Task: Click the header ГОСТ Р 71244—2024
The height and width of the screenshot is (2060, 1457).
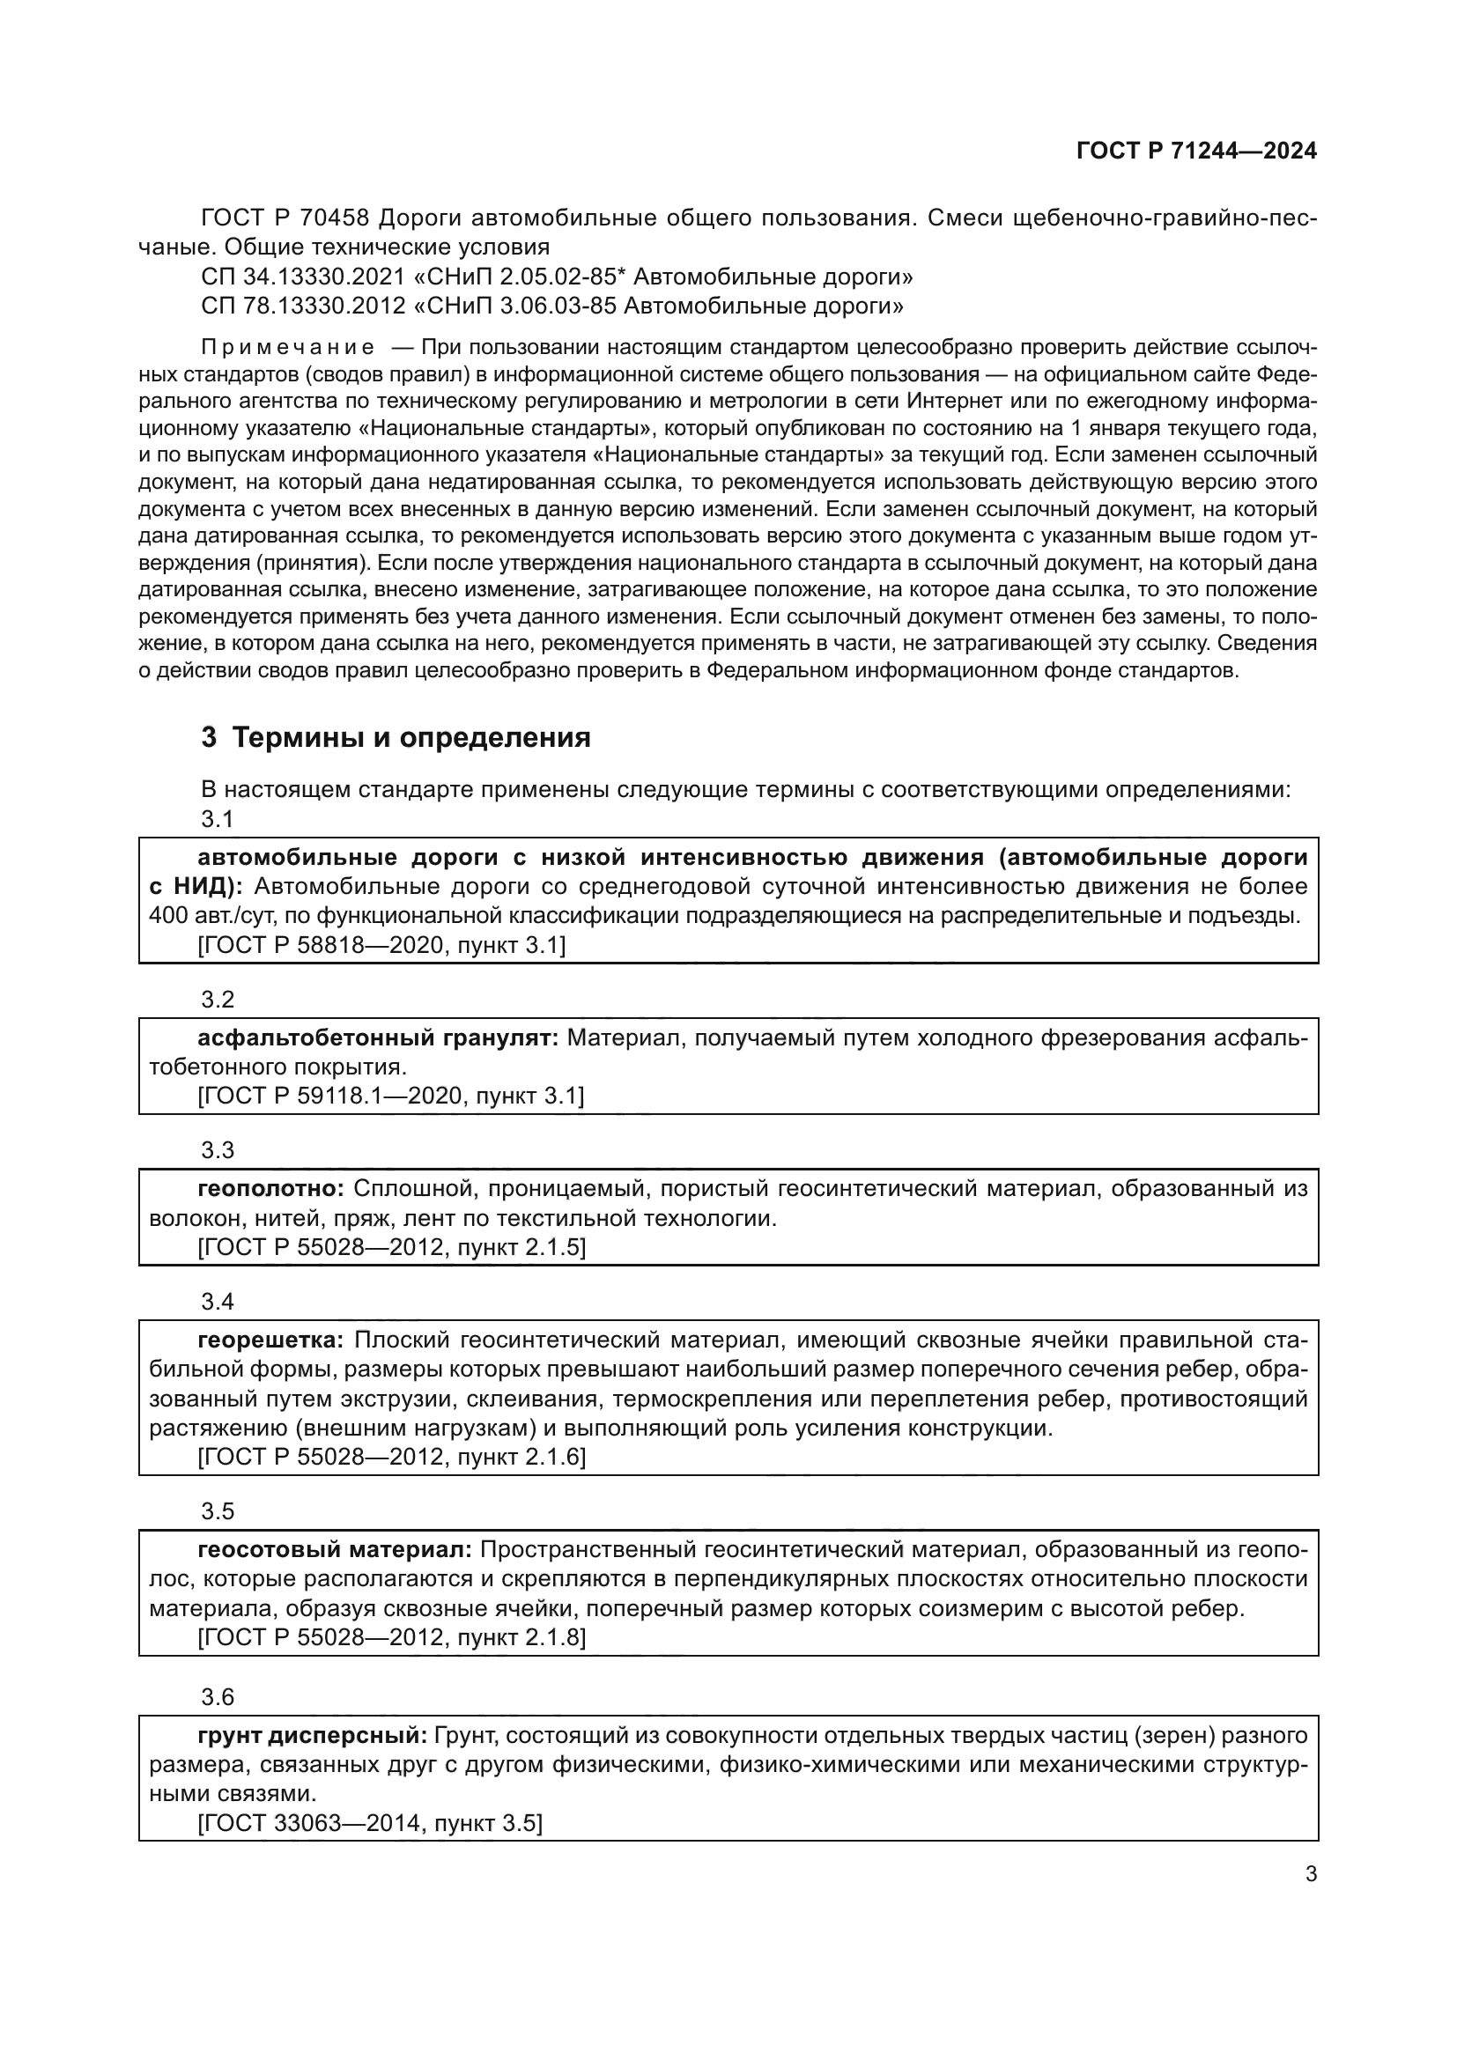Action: pos(1196,151)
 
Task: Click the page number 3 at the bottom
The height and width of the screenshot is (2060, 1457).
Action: pos(1311,1873)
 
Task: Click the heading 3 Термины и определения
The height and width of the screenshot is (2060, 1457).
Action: pos(396,737)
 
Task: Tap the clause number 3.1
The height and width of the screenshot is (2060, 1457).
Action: pos(217,818)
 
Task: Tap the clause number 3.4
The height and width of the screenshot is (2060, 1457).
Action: pos(217,1301)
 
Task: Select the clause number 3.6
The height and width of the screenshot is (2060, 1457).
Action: pos(217,1696)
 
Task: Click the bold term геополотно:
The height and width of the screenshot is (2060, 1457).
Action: pos(271,1189)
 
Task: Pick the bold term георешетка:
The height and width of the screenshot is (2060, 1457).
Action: pos(270,1340)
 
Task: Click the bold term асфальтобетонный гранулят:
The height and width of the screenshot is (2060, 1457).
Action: pos(378,1038)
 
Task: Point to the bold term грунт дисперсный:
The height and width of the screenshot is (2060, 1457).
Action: pos(312,1735)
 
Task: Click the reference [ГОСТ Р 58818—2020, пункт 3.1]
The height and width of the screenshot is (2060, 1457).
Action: pos(381,945)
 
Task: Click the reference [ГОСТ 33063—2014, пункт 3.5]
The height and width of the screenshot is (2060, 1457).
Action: pos(370,1823)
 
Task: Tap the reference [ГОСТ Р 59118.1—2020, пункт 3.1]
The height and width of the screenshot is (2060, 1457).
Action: pos(390,1096)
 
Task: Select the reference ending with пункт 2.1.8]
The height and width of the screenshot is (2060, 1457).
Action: pos(391,1637)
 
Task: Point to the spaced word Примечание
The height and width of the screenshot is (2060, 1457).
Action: pos(287,348)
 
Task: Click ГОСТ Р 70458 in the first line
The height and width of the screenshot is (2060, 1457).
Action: pos(285,218)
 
